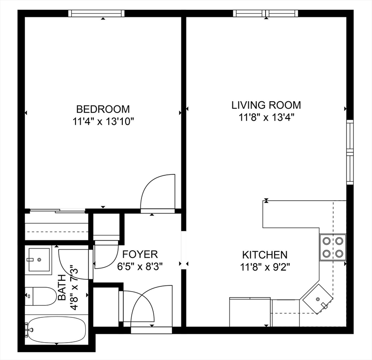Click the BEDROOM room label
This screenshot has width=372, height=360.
[x=103, y=109]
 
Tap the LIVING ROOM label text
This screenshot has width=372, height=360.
[x=266, y=105]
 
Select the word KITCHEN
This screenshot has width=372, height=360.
[x=264, y=255]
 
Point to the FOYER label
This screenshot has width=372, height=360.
[x=140, y=255]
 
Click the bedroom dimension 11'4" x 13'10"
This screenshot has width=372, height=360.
[x=103, y=122]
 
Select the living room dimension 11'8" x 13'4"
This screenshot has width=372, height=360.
[x=266, y=117]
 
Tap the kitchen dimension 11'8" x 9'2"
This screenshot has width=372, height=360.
[x=264, y=268]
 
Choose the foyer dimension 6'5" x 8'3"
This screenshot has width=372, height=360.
[x=140, y=267]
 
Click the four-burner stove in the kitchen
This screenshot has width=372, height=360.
[x=333, y=247]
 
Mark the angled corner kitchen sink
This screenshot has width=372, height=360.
[x=318, y=298]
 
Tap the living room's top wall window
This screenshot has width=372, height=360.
[x=266, y=13]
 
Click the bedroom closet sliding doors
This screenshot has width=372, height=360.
[x=57, y=211]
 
